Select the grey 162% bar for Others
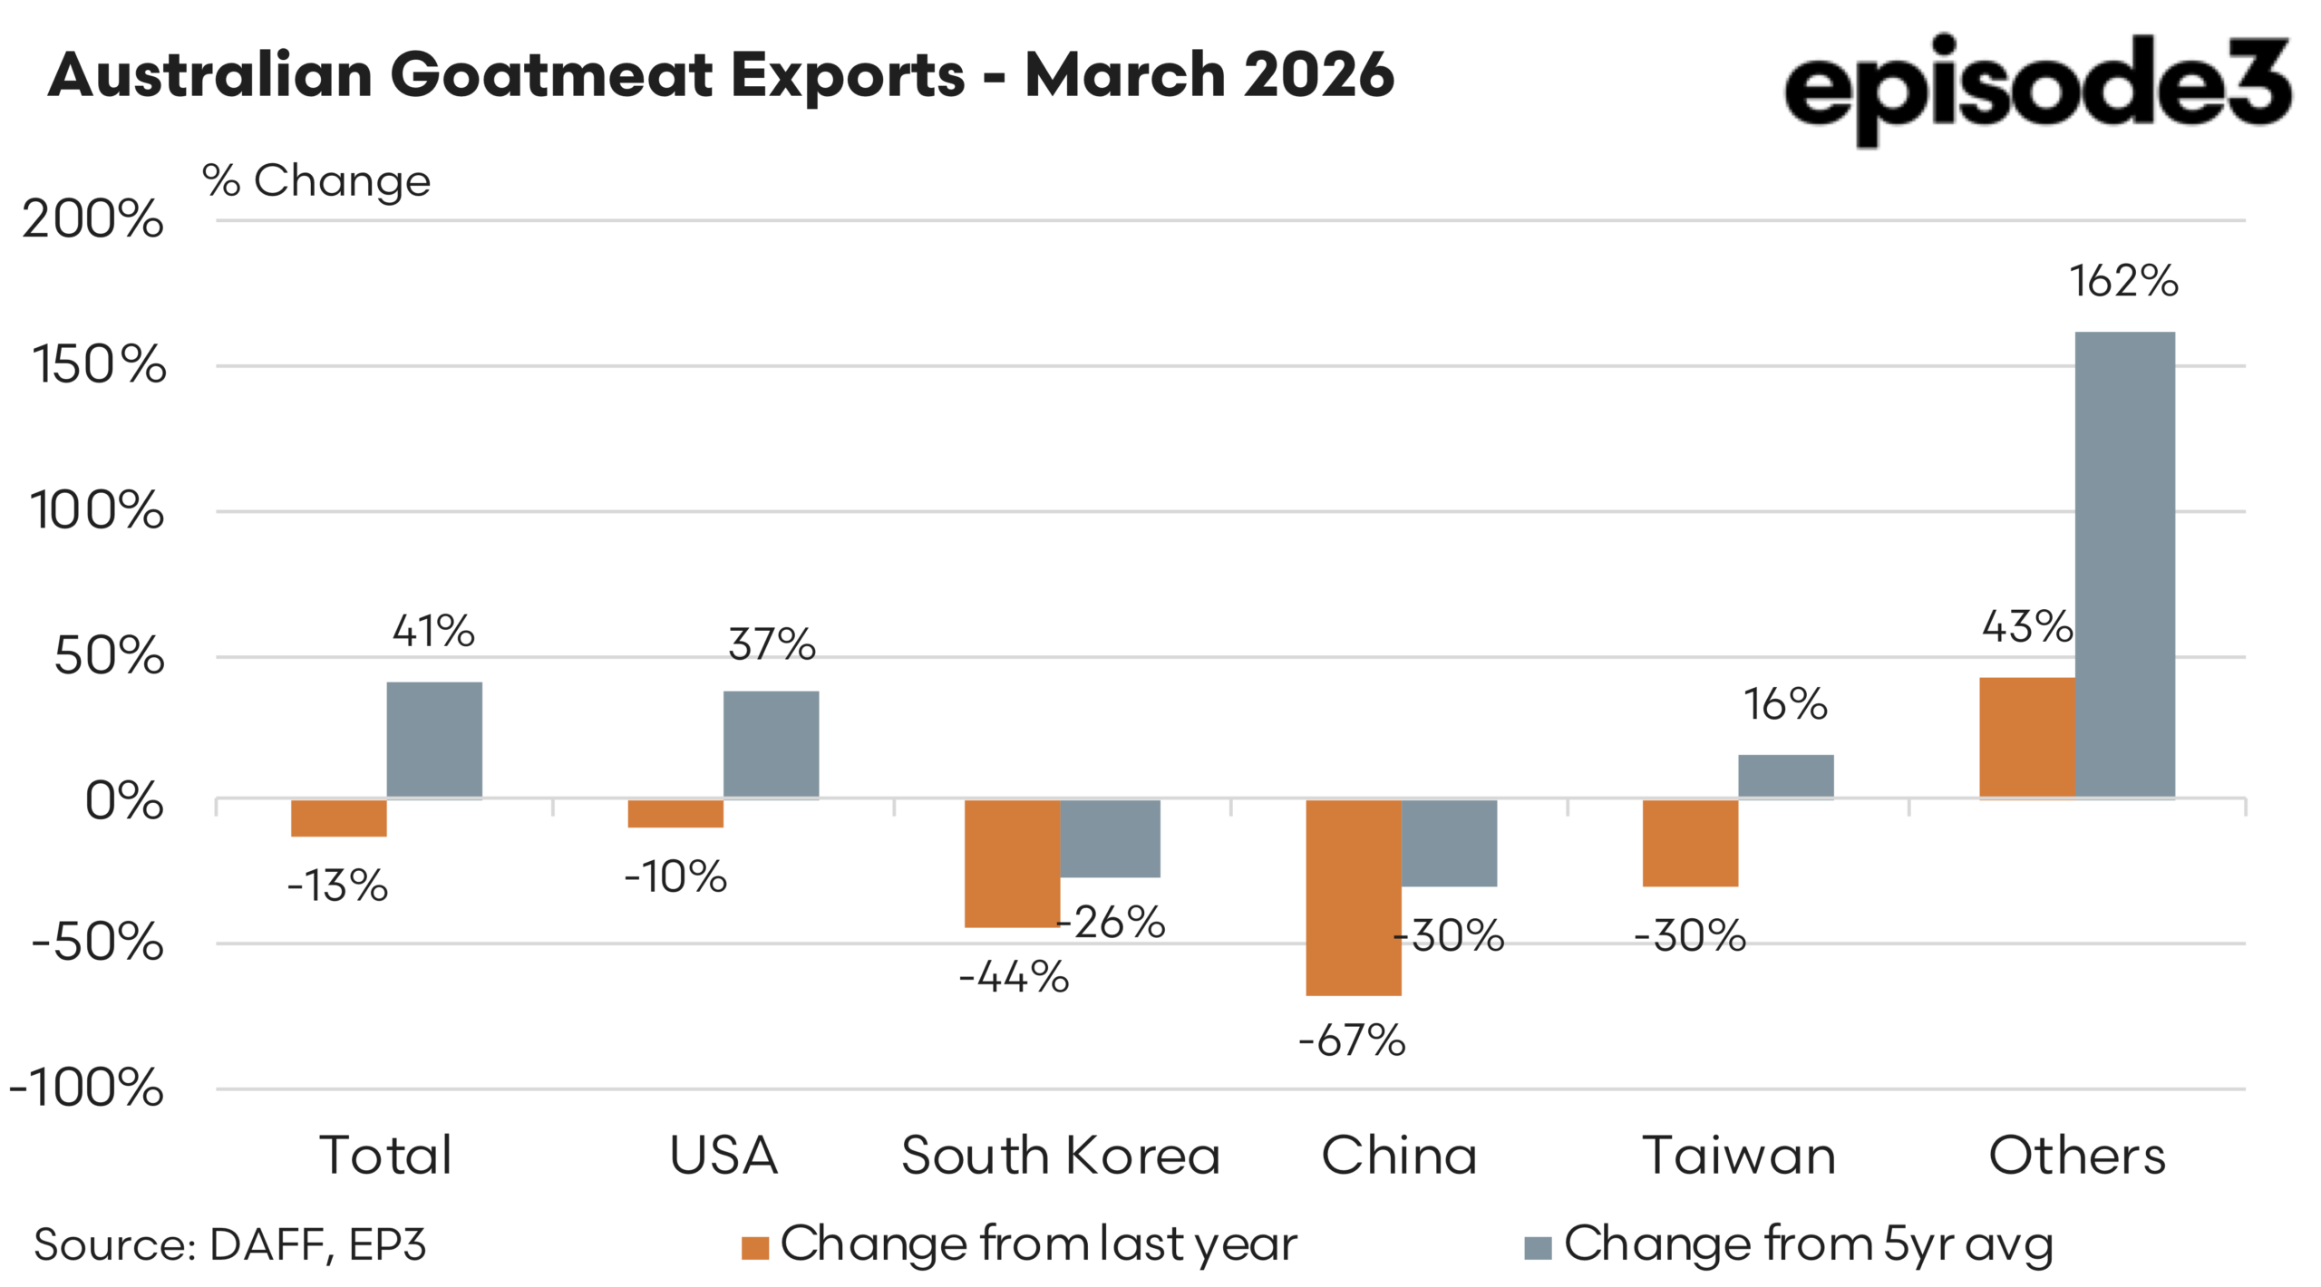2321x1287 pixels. [2123, 564]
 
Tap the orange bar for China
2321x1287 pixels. [1353, 896]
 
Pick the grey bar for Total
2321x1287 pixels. [434, 740]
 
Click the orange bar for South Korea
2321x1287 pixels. [1012, 863]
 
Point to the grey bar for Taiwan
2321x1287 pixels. [1785, 776]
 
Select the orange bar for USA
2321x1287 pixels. [675, 813]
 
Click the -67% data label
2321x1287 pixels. [1352, 1040]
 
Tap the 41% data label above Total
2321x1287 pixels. [433, 631]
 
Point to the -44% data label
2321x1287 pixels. [1014, 977]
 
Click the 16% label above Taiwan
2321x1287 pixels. [1785, 704]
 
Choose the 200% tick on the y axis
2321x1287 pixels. [93, 219]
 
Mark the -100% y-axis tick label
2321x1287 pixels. [87, 1088]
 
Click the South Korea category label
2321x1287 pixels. [1060, 1156]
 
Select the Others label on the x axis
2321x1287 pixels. [2077, 1156]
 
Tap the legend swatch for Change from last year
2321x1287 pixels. [754, 1248]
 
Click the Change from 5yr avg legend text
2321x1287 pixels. [1808, 1243]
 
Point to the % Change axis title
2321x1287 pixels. [316, 180]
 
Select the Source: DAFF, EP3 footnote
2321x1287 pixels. [230, 1244]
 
